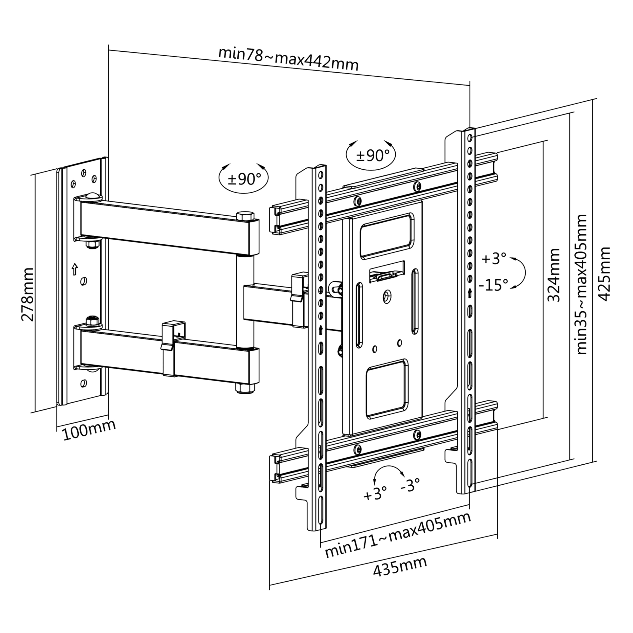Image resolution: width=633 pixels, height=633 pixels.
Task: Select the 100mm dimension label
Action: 89,430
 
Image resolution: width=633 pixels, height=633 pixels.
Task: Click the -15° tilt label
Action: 493,285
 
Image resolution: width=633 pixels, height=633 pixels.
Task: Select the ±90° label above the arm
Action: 244,179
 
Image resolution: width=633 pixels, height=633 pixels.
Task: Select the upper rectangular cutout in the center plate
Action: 387,236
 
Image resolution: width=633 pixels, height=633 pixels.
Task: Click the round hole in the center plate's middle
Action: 387,297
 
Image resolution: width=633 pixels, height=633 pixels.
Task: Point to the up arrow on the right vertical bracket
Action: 471,293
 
